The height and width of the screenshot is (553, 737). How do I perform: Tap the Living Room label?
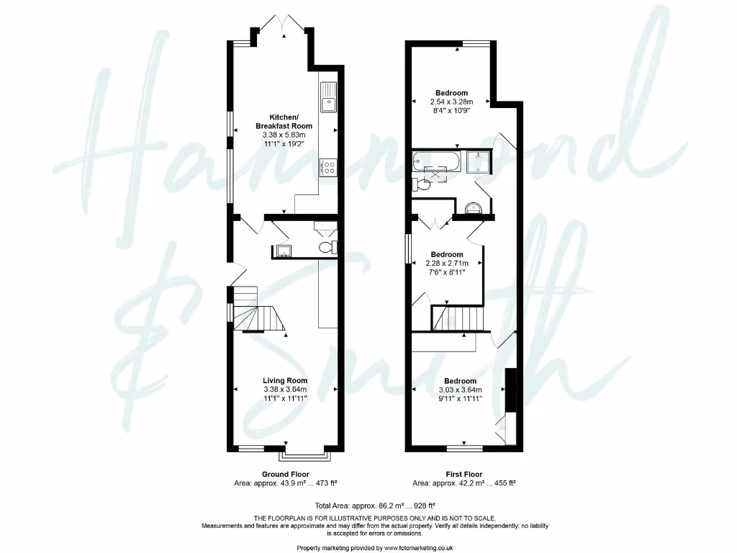pos(286,380)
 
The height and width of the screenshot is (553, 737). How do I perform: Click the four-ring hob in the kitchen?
pos(329,167)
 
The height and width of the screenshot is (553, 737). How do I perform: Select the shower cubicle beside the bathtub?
pos(476,163)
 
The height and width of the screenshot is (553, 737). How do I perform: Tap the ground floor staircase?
pos(256,310)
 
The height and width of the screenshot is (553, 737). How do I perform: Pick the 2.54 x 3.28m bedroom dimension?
pos(451,102)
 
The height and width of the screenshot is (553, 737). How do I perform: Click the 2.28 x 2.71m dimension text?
pos(447,264)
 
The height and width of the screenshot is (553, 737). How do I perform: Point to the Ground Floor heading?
pos(286,475)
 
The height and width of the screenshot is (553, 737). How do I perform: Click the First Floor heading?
pos(464,475)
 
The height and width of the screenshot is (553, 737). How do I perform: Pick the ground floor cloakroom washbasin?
pos(284,251)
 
